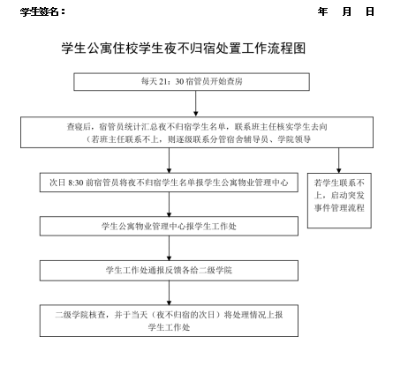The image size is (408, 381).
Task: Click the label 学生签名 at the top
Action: click(40, 11)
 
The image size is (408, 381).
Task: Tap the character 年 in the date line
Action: click(322, 11)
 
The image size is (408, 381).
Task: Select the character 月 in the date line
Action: click(347, 11)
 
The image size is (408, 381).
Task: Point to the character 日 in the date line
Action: click(370, 11)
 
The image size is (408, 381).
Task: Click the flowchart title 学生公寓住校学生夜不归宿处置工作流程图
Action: click(184, 49)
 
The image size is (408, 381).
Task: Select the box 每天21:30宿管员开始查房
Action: click(192, 82)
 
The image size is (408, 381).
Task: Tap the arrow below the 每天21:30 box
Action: click(196, 103)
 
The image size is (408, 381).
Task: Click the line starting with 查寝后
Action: click(197, 127)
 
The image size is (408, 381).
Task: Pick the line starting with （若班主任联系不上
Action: click(198, 139)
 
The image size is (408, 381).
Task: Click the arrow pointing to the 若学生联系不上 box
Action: click(338, 161)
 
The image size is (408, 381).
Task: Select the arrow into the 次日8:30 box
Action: click(169, 161)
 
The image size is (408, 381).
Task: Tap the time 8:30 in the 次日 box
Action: click(76, 183)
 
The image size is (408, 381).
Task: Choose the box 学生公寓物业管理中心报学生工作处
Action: click(169, 227)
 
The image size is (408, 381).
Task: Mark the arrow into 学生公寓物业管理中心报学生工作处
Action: click(169, 205)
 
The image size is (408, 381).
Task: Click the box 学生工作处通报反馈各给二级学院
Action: click(169, 271)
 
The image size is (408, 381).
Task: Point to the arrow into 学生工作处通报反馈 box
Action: click(169, 248)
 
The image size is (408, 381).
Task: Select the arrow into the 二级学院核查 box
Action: click(169, 293)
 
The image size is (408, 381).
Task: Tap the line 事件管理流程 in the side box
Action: click(339, 208)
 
